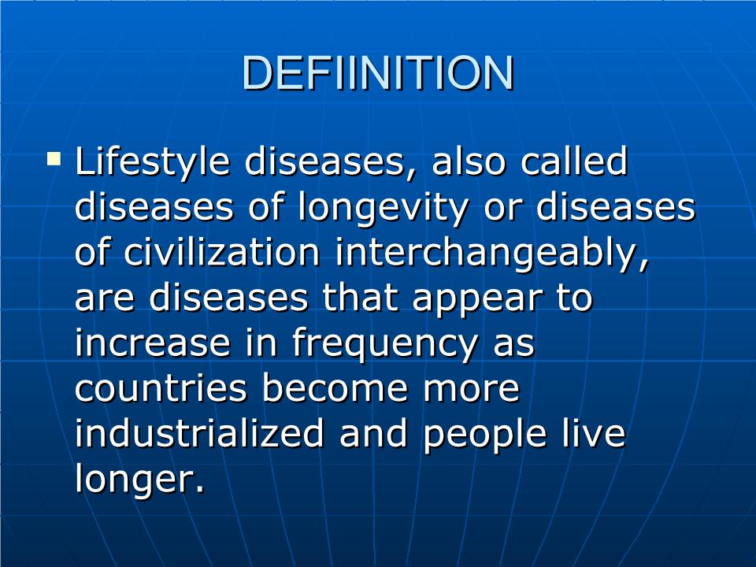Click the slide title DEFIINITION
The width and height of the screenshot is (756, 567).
(378, 72)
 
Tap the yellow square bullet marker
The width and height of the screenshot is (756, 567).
(54, 158)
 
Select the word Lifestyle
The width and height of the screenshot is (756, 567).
(152, 163)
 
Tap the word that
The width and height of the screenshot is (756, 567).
(360, 297)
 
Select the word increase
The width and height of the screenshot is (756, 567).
(152, 343)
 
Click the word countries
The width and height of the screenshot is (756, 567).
(161, 387)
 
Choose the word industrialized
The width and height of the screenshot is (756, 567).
(199, 432)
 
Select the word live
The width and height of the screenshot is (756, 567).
(594, 432)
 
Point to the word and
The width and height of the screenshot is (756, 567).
(373, 432)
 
